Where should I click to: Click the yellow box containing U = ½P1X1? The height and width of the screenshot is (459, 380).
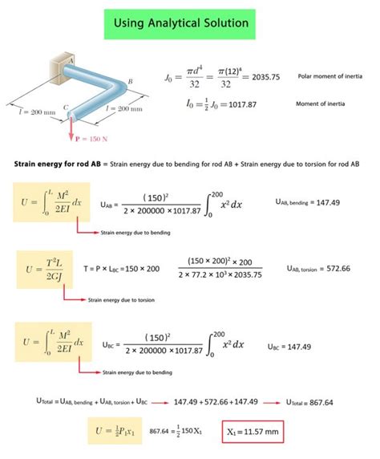(117, 432)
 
